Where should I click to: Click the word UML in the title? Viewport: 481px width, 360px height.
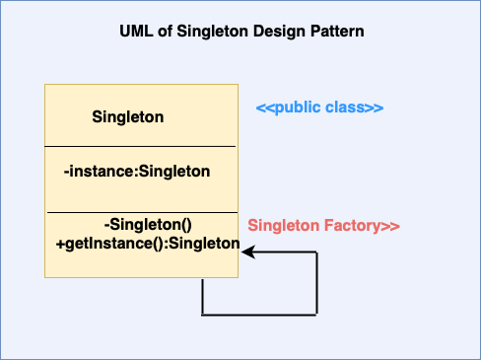(x=133, y=32)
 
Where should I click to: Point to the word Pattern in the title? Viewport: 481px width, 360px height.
(x=338, y=32)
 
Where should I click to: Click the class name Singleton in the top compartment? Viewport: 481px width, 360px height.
(x=127, y=117)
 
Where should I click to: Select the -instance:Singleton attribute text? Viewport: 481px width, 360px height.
(x=136, y=172)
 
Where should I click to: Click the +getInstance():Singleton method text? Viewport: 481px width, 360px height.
(x=148, y=243)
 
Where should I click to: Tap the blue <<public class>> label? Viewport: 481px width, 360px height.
(x=319, y=108)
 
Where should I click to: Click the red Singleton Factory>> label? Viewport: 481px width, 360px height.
(x=323, y=226)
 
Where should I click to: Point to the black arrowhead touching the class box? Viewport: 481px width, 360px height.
(x=246, y=252)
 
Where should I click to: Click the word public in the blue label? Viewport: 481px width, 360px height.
(x=298, y=108)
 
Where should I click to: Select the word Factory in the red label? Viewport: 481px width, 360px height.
(x=354, y=226)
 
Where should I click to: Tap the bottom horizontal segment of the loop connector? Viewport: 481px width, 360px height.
(x=259, y=315)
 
